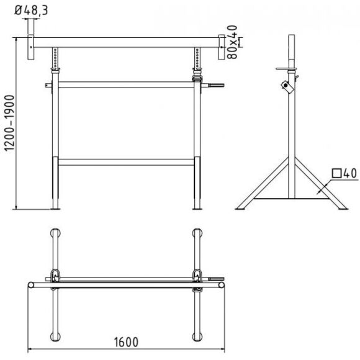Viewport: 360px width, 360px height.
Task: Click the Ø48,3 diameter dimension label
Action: [x=31, y=10]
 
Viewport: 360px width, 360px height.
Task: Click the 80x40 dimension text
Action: [x=232, y=42]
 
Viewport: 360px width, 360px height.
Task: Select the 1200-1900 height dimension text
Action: [x=10, y=123]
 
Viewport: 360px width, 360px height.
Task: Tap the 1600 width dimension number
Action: [x=126, y=342]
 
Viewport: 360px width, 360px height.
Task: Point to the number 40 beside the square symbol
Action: [x=350, y=173]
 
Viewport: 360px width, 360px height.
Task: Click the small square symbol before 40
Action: [x=336, y=173]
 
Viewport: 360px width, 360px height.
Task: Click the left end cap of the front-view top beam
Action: [x=31, y=47]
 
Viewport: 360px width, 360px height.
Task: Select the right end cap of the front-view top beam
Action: [x=222, y=47]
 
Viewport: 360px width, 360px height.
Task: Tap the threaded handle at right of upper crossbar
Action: [x=216, y=86]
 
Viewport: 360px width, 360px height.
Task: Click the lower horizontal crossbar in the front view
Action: [x=126, y=162]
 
